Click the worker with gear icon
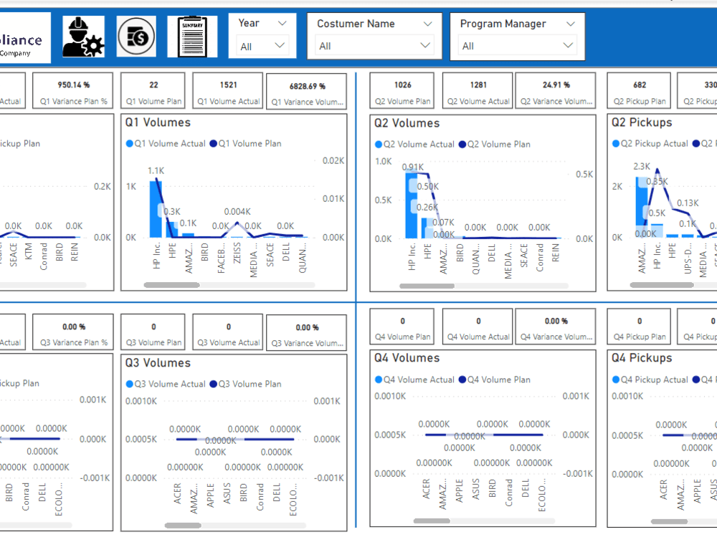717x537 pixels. (83, 37)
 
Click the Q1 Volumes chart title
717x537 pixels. (158, 122)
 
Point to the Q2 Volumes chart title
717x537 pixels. (407, 123)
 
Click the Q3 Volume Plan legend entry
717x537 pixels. (250, 384)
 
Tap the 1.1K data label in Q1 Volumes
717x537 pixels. (156, 170)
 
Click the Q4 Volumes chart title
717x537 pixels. (407, 358)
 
